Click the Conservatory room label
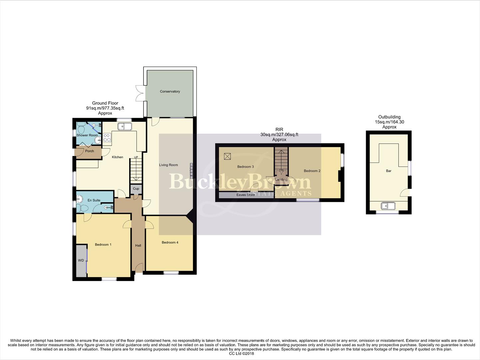170,91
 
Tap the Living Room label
168,165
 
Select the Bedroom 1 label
103,245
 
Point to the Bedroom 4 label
170,242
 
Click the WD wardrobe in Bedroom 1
81,261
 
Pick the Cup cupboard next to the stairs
136,189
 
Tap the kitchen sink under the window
125,127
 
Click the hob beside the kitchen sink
107,137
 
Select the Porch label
89,151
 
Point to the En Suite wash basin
79,199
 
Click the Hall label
138,246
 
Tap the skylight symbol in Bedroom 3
228,156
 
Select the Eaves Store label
245,195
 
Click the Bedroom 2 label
312,171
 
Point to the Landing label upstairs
281,179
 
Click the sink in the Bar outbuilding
388,206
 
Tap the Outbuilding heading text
389,117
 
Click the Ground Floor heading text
105,103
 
